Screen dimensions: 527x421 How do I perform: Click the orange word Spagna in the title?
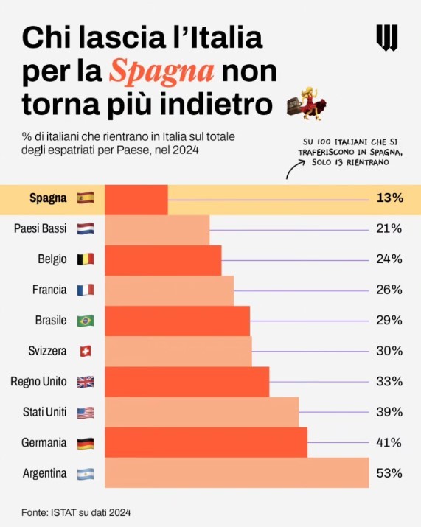(x=161, y=71)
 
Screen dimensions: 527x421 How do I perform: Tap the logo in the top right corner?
(x=387, y=37)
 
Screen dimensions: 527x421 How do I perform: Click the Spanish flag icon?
(x=86, y=198)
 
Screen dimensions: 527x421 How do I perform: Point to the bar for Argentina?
(x=237, y=473)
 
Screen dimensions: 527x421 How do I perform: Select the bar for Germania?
(x=206, y=442)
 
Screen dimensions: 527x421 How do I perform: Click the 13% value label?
(x=388, y=198)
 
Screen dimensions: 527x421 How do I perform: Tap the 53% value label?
(x=388, y=473)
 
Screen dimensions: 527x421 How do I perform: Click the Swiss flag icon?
(x=86, y=351)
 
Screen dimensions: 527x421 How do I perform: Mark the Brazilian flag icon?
(x=86, y=321)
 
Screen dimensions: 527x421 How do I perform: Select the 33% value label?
(x=388, y=381)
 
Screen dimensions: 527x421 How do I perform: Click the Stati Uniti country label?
(x=44, y=412)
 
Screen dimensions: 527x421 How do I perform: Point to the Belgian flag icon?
(x=86, y=259)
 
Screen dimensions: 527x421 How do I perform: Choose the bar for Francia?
(x=169, y=290)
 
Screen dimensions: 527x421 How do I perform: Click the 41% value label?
(x=388, y=442)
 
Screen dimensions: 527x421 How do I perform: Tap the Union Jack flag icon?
(x=86, y=382)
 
